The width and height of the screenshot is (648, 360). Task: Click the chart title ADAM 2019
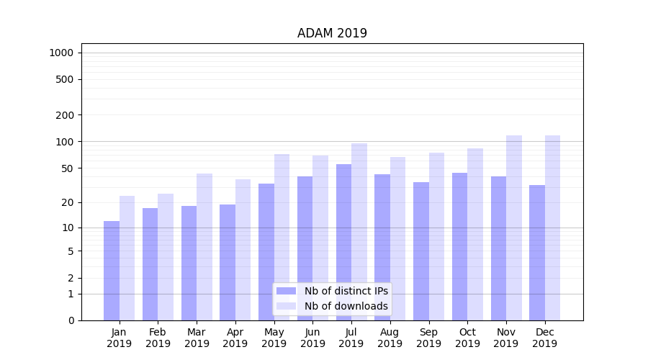coord(332,33)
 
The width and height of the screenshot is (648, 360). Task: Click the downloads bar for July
coord(359,232)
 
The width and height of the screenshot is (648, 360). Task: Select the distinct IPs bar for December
coord(537,253)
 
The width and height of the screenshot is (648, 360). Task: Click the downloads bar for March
coord(204,247)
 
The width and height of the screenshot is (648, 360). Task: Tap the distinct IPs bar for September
coord(421,251)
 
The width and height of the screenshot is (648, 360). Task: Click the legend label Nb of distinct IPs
coord(346,291)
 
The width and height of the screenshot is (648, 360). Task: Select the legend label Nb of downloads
coord(346,306)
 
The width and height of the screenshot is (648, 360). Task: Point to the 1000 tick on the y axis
coord(61,53)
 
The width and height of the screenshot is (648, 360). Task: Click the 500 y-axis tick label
coord(65,79)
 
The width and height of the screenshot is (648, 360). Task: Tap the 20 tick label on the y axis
coord(67,202)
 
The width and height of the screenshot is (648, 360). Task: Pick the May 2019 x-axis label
coord(274,338)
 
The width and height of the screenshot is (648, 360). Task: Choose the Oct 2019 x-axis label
coord(467,338)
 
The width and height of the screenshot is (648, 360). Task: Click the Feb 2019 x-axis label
coord(158,338)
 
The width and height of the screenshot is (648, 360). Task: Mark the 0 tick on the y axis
coord(71,320)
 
